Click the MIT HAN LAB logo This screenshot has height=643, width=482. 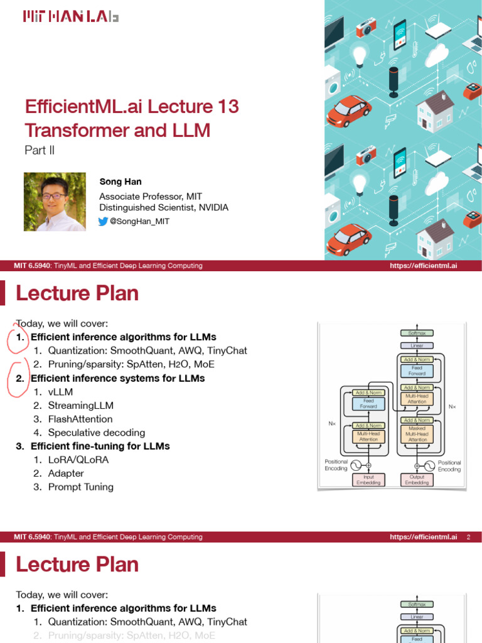coord(70,17)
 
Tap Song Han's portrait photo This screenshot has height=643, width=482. coord(55,202)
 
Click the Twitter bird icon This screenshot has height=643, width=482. coord(104,221)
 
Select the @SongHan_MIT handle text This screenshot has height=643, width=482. coord(139,221)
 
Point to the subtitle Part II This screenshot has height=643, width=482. coord(39,151)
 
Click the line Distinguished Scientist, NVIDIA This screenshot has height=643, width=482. coord(164,207)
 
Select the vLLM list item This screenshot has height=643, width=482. coord(60,392)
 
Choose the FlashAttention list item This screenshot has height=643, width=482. coord(80,419)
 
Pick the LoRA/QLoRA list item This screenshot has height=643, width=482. coord(78,460)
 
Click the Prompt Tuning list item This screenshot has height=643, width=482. coord(81,487)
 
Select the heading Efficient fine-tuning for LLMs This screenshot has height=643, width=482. coord(100,446)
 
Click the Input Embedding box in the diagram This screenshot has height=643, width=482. coord(368,480)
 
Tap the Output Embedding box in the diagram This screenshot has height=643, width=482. coord(417,480)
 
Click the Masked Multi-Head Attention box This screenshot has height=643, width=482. coord(417,434)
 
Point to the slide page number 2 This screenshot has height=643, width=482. coord(468,537)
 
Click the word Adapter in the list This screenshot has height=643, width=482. coord(66,473)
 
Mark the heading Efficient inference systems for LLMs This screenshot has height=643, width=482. coord(117,378)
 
